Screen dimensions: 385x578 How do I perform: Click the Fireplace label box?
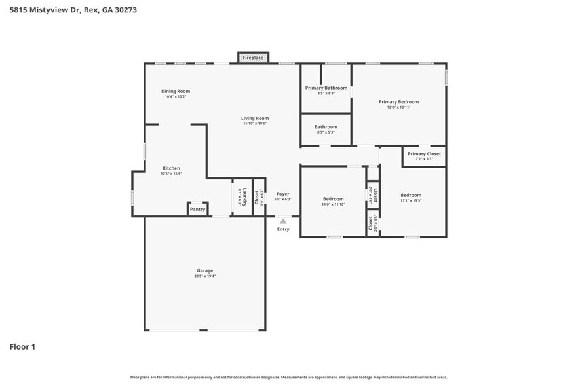253,58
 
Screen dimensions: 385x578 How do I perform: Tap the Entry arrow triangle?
283,221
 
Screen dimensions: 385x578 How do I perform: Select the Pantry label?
198,210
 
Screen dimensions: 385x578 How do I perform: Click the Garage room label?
205,270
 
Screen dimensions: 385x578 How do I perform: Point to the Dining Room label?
176,91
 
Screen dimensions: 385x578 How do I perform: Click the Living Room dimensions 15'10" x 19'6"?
255,124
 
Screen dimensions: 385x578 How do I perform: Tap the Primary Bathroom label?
326,88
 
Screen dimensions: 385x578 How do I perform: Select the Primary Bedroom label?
398,101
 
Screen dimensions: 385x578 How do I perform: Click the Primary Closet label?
424,154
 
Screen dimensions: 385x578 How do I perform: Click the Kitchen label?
171,168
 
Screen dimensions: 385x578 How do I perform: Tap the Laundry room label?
244,196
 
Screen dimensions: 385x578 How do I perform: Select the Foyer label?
282,194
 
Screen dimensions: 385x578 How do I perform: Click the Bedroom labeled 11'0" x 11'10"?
333,199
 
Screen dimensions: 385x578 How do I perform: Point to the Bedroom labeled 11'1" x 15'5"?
411,195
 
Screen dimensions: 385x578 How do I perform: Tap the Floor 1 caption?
22,346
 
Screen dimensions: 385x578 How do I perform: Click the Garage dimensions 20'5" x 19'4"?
205,276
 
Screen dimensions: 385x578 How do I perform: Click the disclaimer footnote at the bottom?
289,377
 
